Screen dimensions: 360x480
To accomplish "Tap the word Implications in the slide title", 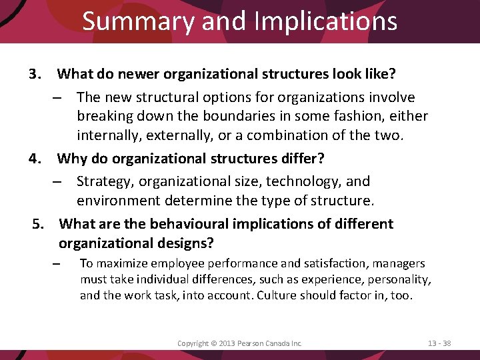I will click(x=325, y=21).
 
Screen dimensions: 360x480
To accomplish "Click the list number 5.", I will click(x=39, y=224).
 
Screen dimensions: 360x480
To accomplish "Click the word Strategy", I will click(x=102, y=181).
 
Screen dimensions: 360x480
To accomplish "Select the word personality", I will click(x=399, y=279).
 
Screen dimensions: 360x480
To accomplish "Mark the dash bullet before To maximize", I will click(x=57, y=265).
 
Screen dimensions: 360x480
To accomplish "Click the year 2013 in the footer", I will click(x=229, y=343).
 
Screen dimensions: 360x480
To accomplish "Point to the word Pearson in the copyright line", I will click(x=254, y=343).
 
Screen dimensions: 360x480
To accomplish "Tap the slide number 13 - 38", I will click(x=439, y=343).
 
